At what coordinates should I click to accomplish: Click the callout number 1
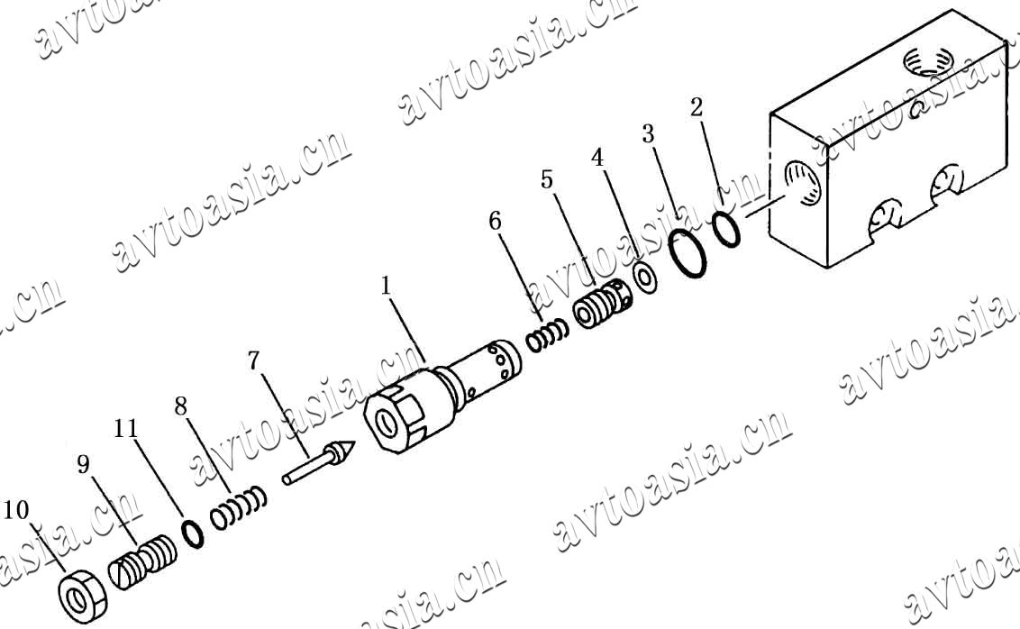(387, 286)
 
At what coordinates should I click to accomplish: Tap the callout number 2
(697, 107)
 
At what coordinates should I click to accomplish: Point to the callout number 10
(16, 510)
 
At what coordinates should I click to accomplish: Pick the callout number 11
(126, 429)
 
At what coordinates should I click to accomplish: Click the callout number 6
(496, 221)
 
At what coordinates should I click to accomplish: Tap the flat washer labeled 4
(646, 278)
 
